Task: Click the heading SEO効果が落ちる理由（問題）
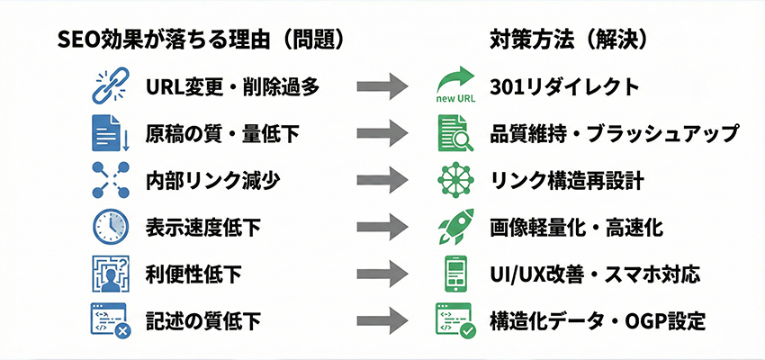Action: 200,40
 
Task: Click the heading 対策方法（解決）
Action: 569,40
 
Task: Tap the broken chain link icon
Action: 112,86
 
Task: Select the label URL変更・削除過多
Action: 232,86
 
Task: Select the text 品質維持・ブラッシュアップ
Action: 616,133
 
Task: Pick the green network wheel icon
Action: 455,180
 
